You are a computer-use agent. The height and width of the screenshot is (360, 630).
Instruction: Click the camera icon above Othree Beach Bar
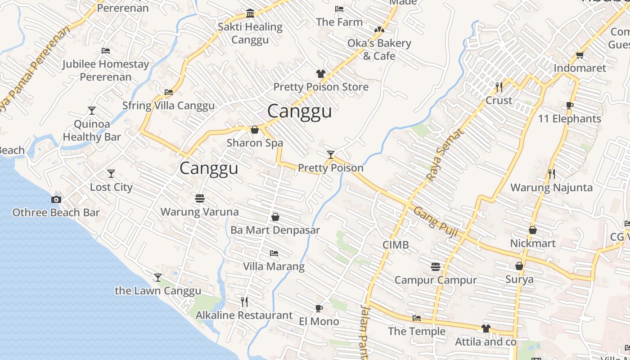click(x=56, y=199)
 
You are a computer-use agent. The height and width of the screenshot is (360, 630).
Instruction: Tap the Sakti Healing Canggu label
click(x=250, y=33)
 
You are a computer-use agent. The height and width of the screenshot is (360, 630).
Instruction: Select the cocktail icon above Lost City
click(x=111, y=174)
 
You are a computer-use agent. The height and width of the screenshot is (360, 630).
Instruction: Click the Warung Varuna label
click(x=200, y=211)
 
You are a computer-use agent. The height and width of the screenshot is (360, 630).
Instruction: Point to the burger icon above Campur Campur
click(x=435, y=267)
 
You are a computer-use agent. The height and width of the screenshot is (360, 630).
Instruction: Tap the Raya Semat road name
click(x=445, y=155)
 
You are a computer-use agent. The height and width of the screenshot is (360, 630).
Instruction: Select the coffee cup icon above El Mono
click(x=319, y=308)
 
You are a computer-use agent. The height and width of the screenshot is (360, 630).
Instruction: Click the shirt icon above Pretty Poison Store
click(x=320, y=74)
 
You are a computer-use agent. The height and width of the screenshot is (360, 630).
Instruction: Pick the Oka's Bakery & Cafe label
click(x=379, y=49)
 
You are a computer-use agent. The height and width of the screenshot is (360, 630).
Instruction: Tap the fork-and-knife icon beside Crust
click(x=499, y=87)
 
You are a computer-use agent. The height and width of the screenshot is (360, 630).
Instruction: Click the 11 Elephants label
click(x=570, y=119)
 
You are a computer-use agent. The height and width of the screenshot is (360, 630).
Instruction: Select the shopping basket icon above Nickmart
click(x=533, y=230)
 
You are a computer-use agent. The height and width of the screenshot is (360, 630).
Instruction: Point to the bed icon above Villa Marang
click(x=274, y=253)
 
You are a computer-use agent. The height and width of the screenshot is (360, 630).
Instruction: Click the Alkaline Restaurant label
click(x=244, y=315)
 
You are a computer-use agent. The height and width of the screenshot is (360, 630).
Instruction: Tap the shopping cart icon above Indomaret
click(x=580, y=55)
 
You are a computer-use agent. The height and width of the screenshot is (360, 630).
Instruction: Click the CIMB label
click(x=396, y=245)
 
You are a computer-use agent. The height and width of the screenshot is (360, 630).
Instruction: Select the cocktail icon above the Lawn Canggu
click(x=158, y=277)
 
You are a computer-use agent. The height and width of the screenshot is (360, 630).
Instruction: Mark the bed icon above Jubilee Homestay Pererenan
click(x=106, y=51)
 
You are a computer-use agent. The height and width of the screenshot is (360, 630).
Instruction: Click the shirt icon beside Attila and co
click(x=486, y=328)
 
